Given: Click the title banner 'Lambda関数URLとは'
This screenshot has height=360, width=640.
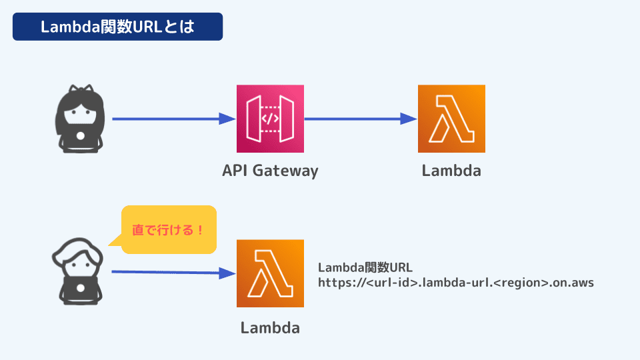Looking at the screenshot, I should click(117, 27).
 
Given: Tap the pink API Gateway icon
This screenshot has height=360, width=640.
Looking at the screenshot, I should click(270, 119).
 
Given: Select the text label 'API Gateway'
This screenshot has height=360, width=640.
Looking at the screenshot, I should click(270, 171).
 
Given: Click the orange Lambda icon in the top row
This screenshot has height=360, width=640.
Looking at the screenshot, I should click(451, 119).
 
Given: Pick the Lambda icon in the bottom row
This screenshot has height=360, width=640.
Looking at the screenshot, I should click(270, 273).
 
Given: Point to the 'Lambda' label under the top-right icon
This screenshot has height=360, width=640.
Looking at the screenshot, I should click(451, 171).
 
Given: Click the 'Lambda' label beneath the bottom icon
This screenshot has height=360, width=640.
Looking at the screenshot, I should click(270, 328).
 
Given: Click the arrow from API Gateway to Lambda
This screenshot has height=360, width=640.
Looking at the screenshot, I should click(360, 119).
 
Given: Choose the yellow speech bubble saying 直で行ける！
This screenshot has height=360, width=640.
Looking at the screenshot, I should click(169, 230).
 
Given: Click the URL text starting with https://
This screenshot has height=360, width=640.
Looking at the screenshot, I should click(455, 283).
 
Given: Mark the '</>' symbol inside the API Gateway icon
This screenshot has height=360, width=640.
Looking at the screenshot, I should click(270, 119).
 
